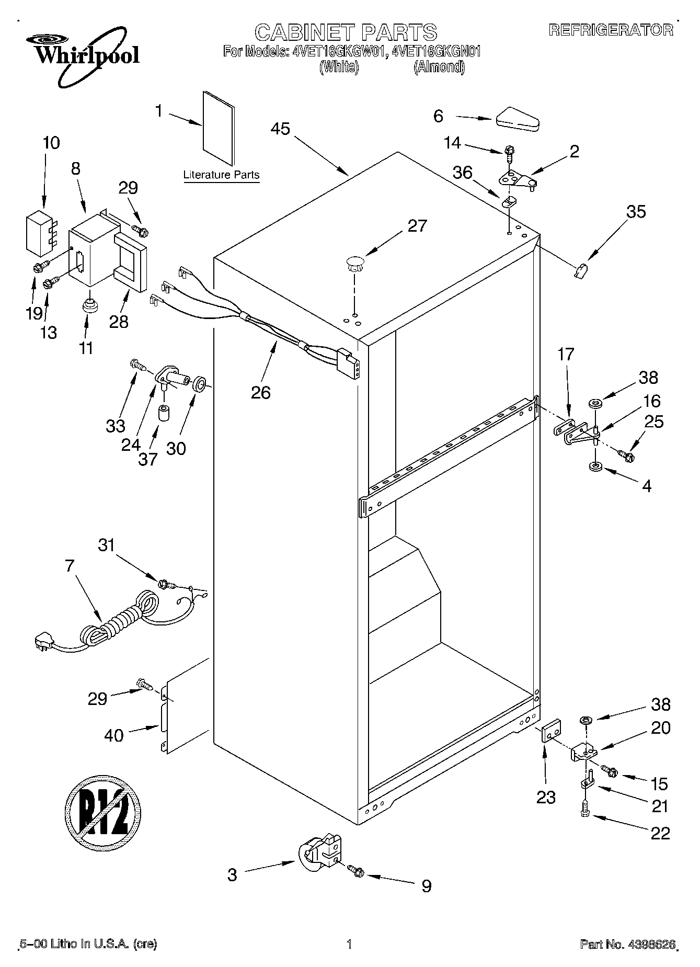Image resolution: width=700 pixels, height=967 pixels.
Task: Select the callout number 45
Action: tap(281, 129)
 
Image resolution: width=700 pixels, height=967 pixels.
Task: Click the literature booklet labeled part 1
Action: tap(219, 128)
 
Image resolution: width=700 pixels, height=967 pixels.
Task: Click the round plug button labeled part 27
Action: tap(355, 263)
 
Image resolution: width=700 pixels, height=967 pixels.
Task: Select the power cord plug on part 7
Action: tap(43, 641)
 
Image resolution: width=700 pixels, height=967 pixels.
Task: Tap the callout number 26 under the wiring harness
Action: tap(260, 392)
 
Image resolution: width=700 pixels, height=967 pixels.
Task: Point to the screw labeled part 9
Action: tap(358, 871)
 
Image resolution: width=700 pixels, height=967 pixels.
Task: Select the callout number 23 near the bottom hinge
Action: tap(546, 797)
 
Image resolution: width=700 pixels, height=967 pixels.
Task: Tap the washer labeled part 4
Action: tap(594, 466)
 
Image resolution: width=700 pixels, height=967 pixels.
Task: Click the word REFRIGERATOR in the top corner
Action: tap(611, 30)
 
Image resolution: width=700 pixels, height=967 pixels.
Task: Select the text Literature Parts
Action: tap(221, 175)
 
